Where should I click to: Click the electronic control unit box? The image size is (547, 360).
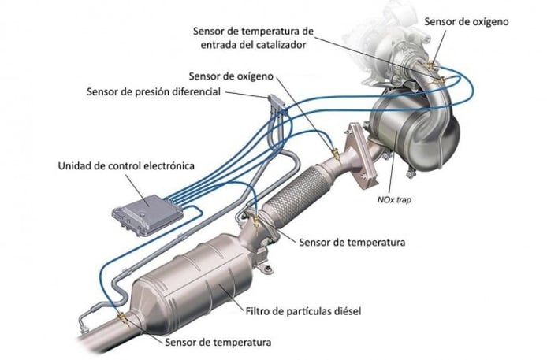pos(147,215)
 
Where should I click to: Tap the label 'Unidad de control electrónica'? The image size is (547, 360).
pos(126,165)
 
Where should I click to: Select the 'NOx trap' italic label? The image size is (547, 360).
pos(394,199)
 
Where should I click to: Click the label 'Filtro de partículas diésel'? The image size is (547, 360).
pos(303,311)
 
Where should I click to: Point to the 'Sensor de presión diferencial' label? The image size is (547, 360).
pos(154,91)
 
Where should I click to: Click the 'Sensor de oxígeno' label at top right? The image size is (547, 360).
pos(467,21)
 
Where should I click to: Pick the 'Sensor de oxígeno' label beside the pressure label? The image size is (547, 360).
pos(231,76)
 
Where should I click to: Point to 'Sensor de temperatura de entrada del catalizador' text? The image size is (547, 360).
pos(253,38)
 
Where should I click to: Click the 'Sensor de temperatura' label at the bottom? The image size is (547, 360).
pos(218,342)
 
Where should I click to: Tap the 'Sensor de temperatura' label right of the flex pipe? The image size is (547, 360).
pos(352,242)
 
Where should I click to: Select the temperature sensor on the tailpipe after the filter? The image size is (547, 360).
pos(122,317)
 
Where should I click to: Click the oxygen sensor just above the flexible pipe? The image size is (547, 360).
pos(335,154)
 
